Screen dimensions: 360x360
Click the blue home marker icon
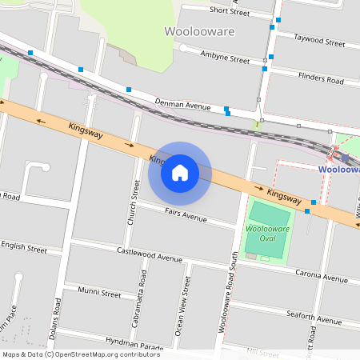coord(180,173)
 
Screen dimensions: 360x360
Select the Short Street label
coord(230,12)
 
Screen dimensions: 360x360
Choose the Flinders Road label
coord(320,80)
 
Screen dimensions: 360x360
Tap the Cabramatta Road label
coord(143,303)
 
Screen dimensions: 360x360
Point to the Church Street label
coord(135,201)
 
